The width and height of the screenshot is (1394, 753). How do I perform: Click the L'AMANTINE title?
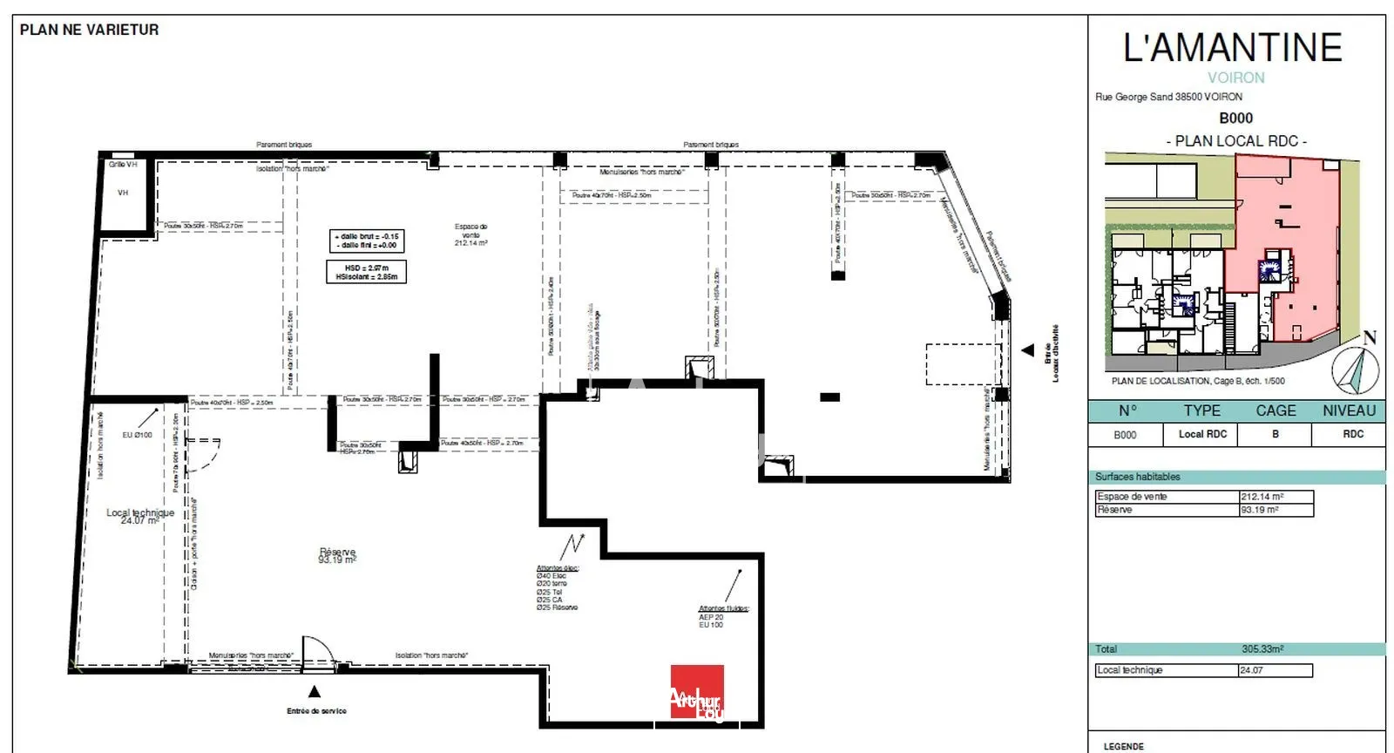pos(1232,48)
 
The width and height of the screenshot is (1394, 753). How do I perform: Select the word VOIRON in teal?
pos(1235,78)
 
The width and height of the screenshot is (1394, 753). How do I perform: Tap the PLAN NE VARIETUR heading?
pos(89,30)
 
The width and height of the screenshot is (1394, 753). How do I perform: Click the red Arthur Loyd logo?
pos(696,691)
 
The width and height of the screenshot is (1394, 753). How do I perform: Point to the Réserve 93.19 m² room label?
pos(337,556)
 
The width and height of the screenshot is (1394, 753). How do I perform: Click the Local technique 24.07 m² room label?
pos(139,516)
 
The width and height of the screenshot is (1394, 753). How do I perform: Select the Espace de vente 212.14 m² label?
pos(470,234)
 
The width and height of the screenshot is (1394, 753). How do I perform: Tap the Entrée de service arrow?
pos(315,692)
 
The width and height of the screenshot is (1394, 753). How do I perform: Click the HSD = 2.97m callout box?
pos(366,272)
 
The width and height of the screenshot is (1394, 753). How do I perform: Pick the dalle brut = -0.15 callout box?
pos(367,241)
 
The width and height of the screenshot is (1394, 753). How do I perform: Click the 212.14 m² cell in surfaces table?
pos(1276,497)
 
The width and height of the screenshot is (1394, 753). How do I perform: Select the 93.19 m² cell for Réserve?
pos(1276,510)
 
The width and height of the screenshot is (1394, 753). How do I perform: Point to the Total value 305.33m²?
pos(1262,649)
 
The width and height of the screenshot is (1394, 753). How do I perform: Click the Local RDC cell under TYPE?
pos(1202,434)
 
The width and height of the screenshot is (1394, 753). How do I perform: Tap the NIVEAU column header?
pos(1348,410)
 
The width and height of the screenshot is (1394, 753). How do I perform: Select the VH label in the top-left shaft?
pos(123,193)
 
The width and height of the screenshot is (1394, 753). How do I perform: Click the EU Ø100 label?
pos(137,435)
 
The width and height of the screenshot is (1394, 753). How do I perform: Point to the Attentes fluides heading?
pos(723,608)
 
